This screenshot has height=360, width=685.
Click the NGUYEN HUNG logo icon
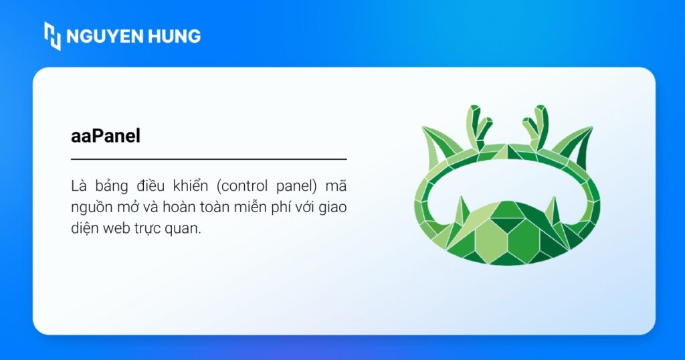(52, 35)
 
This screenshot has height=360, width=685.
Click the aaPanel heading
(106, 136)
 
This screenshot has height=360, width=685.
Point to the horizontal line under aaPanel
(209, 159)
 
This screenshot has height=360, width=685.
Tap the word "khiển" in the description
(191, 185)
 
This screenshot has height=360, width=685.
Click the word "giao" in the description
(332, 207)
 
